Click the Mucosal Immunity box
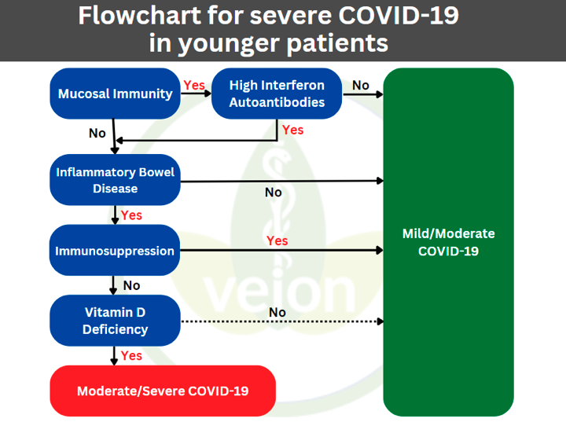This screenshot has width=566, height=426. (115, 94)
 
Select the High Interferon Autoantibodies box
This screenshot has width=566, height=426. (277, 94)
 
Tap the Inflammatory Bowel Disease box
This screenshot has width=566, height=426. (115, 180)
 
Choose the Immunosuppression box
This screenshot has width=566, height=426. (115, 250)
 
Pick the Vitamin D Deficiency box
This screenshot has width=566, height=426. (115, 321)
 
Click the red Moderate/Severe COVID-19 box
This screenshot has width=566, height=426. (163, 391)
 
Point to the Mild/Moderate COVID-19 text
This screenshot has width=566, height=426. (448, 242)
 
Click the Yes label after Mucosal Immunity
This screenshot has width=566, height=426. (194, 86)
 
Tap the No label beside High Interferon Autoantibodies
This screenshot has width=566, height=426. (361, 85)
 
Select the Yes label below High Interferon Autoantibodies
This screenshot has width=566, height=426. (292, 130)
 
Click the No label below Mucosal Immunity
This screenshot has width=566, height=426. (97, 133)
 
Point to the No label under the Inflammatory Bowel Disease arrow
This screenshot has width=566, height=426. (274, 193)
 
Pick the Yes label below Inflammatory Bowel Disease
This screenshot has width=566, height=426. (131, 215)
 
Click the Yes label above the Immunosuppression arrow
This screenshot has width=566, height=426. (277, 241)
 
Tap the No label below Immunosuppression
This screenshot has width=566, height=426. (131, 285)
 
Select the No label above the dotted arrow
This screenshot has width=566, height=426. (277, 312)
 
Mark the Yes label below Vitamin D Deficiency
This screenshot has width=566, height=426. (131, 356)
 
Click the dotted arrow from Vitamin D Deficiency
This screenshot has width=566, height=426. (282, 321)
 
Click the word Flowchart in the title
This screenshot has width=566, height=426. (140, 16)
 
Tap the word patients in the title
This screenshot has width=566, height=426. (337, 43)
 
